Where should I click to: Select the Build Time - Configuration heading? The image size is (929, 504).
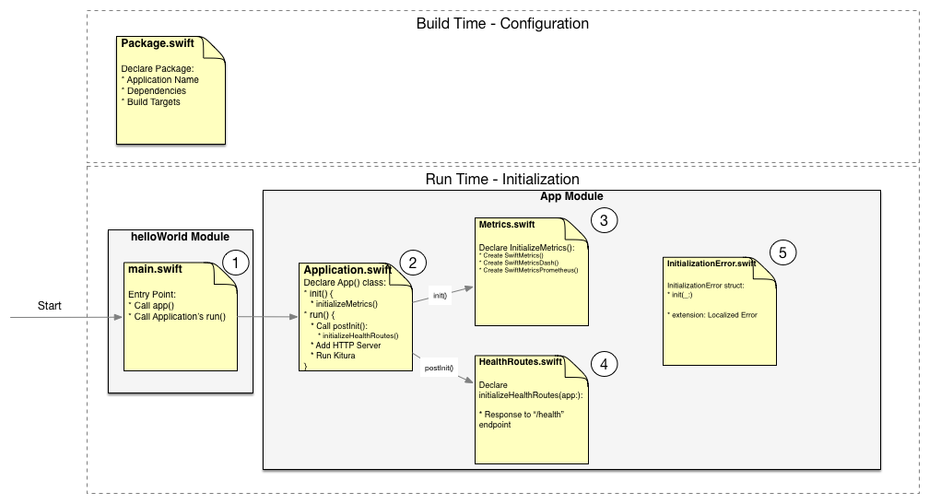pos(502,23)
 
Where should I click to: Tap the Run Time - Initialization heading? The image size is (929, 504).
pos(501,179)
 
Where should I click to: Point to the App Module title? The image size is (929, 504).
pos(571,197)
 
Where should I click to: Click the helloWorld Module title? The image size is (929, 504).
pos(181,237)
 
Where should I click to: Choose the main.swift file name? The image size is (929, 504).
pos(156,269)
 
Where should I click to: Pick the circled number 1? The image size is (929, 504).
pos(237,264)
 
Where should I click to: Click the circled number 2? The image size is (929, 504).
pos(412,264)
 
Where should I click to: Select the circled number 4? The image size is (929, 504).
pos(604,364)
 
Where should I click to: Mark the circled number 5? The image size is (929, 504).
pos(782,252)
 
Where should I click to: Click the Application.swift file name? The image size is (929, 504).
pos(348,269)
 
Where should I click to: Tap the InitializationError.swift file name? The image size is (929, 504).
pos(711,264)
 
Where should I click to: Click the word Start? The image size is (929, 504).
pos(50,305)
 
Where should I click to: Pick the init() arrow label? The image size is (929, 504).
pos(440,297)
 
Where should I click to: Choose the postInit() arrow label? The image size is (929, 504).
pos(437,368)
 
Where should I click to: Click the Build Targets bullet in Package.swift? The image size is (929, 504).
pos(151,102)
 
